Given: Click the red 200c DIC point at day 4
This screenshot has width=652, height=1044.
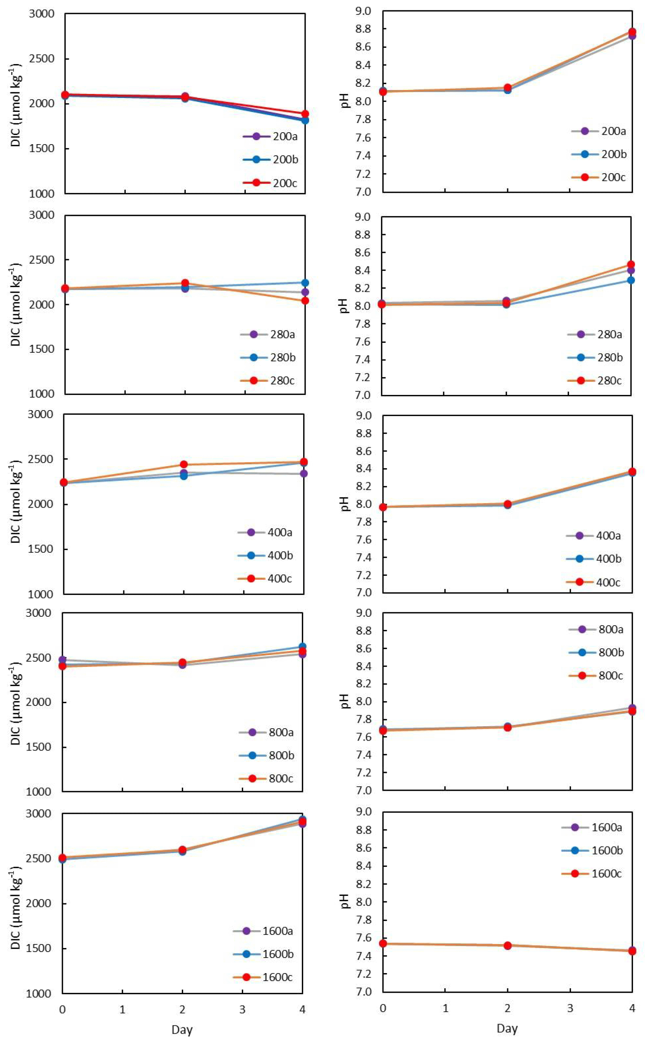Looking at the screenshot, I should (x=305, y=114).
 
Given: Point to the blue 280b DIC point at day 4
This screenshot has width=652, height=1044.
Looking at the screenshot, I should (x=305, y=283).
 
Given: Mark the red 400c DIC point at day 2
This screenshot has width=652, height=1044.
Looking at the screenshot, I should (x=184, y=464).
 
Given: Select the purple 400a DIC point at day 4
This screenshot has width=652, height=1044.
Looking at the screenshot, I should (x=304, y=473).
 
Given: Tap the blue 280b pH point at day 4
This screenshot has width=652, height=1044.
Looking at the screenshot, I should (x=631, y=280).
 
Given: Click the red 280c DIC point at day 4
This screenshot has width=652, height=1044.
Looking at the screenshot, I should (x=305, y=300).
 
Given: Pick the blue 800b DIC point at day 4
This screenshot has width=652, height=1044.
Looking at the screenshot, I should (x=303, y=647).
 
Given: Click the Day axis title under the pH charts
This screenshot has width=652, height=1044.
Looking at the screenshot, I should (x=507, y=1028).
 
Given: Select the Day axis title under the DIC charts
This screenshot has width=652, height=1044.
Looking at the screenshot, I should (x=182, y=1029).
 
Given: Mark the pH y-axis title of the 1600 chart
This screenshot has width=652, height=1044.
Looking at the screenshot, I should (x=345, y=901).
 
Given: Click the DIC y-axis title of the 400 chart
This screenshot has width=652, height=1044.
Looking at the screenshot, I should (x=16, y=504).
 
